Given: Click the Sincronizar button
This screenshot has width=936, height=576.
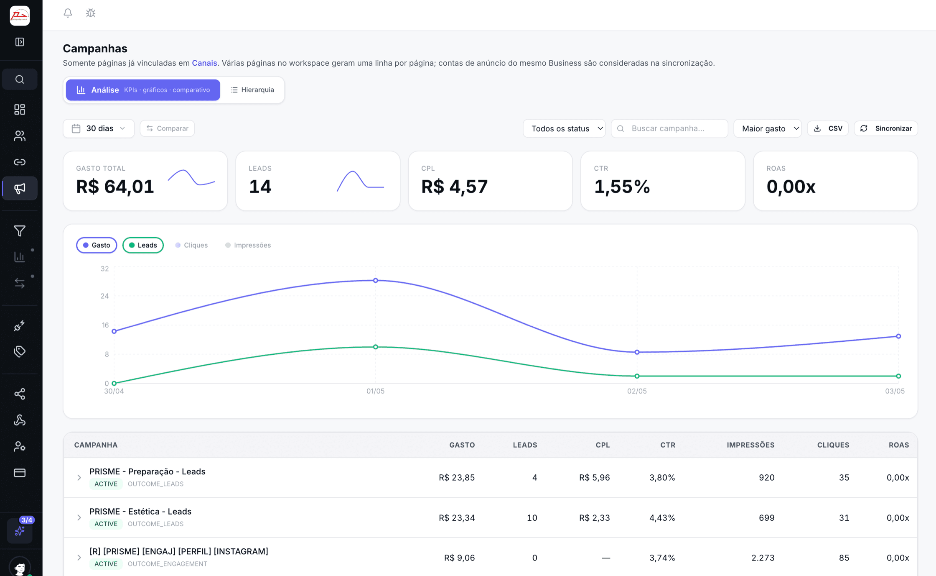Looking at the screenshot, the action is pyautogui.click(x=886, y=128).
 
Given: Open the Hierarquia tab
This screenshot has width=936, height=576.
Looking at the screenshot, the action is pyautogui.click(x=252, y=90).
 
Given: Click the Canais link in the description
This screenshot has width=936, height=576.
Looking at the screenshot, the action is pyautogui.click(x=204, y=63).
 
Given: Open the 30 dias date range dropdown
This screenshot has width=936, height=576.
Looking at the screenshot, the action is pyautogui.click(x=99, y=128).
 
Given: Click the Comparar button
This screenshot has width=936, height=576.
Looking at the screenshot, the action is pyautogui.click(x=167, y=128).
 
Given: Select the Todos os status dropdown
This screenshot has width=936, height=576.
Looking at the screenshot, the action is pyautogui.click(x=564, y=128).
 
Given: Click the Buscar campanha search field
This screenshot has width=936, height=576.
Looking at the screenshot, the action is pyautogui.click(x=669, y=128).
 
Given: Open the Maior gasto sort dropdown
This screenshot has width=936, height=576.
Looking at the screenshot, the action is pyautogui.click(x=768, y=128).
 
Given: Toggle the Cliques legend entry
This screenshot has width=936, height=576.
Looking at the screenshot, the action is pyautogui.click(x=191, y=245).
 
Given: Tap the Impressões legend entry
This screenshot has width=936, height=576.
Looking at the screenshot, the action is pyautogui.click(x=248, y=245).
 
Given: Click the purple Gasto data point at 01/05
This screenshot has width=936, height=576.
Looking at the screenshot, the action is pyautogui.click(x=376, y=280).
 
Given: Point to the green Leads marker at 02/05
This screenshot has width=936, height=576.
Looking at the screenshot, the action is pyautogui.click(x=637, y=376).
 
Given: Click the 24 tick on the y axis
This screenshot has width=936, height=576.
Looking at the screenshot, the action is pyautogui.click(x=104, y=296).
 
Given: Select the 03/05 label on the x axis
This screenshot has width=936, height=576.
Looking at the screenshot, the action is pyautogui.click(x=895, y=391).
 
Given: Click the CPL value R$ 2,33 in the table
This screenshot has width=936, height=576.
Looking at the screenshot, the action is pyautogui.click(x=594, y=518).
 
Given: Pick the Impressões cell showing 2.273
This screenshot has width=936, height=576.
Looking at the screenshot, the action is pyautogui.click(x=763, y=558).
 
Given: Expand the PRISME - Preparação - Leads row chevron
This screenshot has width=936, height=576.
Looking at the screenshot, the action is pyautogui.click(x=79, y=478).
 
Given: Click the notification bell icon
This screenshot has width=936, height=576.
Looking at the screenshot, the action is pyautogui.click(x=68, y=13).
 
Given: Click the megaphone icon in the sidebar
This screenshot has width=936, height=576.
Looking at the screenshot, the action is pyautogui.click(x=20, y=189).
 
